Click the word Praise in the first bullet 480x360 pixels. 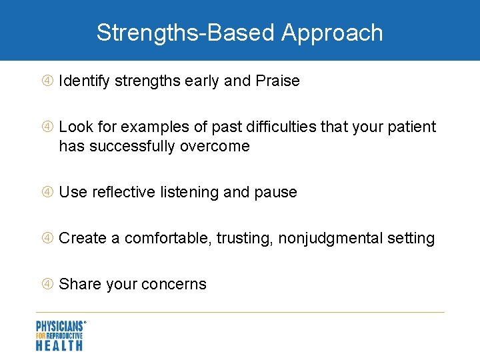click(277, 81)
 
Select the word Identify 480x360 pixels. click(84, 81)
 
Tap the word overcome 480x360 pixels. click(219, 146)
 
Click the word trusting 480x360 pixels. click(244, 238)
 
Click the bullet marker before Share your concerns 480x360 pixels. click(47, 284)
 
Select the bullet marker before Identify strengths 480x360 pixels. click(47, 81)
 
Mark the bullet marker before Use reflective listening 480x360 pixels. click(47, 192)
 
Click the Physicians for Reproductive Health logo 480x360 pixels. click(61, 335)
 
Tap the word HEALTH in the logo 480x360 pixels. click(59, 345)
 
